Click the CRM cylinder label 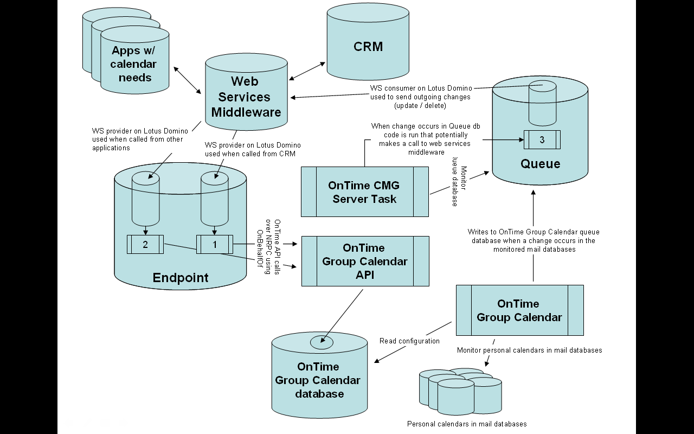pyautogui.click(x=368, y=47)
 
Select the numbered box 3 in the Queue pyautogui.click(x=542, y=139)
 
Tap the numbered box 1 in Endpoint pyautogui.click(x=214, y=244)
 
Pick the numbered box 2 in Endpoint pyautogui.click(x=145, y=244)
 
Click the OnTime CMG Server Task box pyautogui.click(x=365, y=192)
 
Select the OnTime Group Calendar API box pyautogui.click(x=365, y=261)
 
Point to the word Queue pyautogui.click(x=541, y=164)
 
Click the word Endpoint pyautogui.click(x=181, y=278)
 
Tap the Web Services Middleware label pyautogui.click(x=246, y=97)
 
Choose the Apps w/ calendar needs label pyautogui.click(x=133, y=64)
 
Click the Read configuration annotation pyautogui.click(x=409, y=341)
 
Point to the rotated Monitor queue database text pyautogui.click(x=459, y=186)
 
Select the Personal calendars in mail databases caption pyautogui.click(x=467, y=424)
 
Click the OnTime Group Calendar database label pyautogui.click(x=318, y=380)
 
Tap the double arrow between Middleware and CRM pyautogui.click(x=307, y=71)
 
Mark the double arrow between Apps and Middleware pyautogui.click(x=187, y=80)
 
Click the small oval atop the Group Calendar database pyautogui.click(x=322, y=342)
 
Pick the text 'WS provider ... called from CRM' pyautogui.click(x=253, y=149)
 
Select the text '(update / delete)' pyautogui.click(x=420, y=105)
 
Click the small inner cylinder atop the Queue pyautogui.click(x=543, y=103)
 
